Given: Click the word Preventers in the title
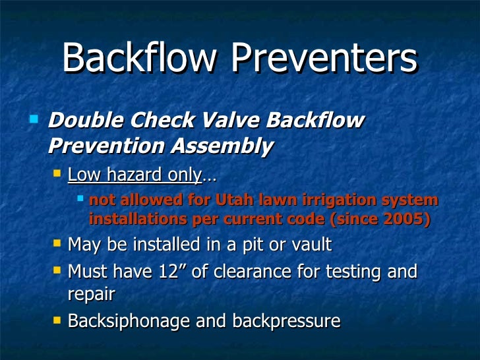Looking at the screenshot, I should pos(324,60).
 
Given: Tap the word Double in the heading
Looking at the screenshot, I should pos(85,122).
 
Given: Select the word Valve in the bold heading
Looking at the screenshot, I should pos(230,122).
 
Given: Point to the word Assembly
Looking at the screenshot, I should pos(221,146).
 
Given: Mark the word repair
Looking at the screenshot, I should pos(91,294).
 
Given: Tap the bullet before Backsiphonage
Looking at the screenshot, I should pos(57,320).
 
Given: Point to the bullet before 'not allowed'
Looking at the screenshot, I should pos(80,197).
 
